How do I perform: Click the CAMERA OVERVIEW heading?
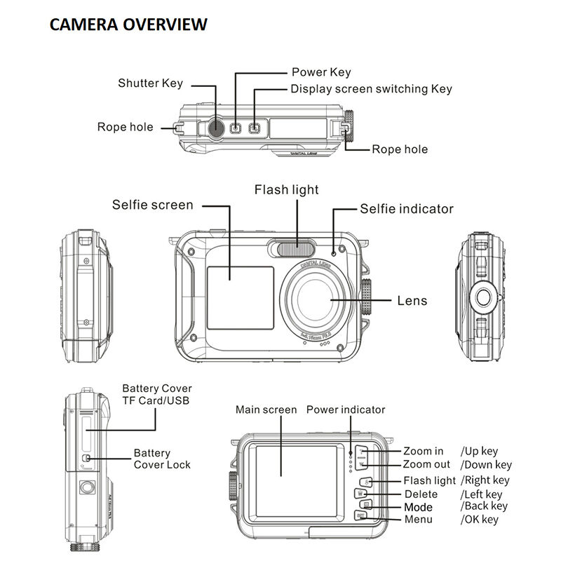(128, 25)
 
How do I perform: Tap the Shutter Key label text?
(150, 83)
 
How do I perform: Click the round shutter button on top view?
(216, 127)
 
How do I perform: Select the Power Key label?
(320, 72)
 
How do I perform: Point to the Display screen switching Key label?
(371, 89)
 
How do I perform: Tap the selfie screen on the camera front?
(240, 297)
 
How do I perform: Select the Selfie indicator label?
(407, 209)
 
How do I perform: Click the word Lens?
(412, 301)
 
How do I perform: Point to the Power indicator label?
(346, 410)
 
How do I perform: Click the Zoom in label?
(423, 451)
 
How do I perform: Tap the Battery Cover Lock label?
(162, 459)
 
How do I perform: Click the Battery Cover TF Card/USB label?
(156, 394)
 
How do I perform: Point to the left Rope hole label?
(125, 127)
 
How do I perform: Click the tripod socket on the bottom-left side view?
(88, 486)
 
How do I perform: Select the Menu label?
(419, 520)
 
